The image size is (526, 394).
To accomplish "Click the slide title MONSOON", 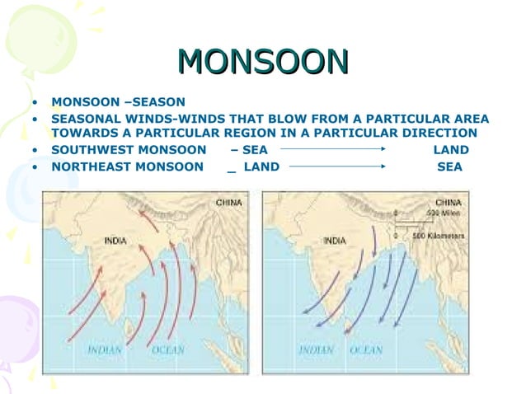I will click(263, 62).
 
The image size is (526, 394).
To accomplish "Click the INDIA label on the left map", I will click(115, 241).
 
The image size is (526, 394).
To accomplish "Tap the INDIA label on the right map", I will click(334, 241).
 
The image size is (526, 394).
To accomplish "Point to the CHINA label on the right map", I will click(449, 201).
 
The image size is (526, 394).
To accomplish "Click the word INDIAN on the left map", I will click(105, 349).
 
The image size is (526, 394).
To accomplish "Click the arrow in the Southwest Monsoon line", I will click(333, 150).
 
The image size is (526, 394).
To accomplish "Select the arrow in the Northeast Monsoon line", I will click(338, 167).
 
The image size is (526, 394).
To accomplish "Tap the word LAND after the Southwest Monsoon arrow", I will click(450, 150).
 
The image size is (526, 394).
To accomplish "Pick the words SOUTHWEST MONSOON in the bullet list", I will click(129, 150).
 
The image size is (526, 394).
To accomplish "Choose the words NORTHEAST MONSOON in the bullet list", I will click(127, 167).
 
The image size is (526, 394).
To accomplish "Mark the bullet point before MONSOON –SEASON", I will click(35, 103).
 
